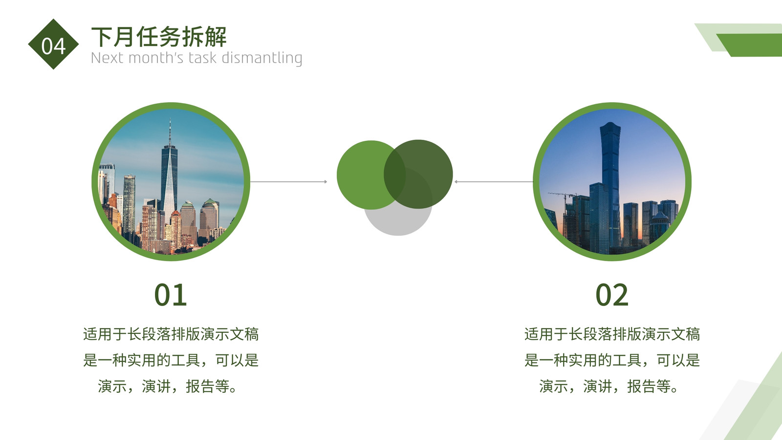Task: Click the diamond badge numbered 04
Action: pyautogui.click(x=53, y=44)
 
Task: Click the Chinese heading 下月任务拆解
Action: pyautogui.click(x=159, y=37)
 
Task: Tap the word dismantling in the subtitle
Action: pyautogui.click(x=262, y=58)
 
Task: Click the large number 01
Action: pyautogui.click(x=171, y=295)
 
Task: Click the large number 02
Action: pyautogui.click(x=612, y=295)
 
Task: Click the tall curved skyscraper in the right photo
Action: pyautogui.click(x=610, y=185)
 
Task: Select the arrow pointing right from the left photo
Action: pyautogui.click(x=289, y=181)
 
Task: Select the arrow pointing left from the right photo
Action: pyautogui.click(x=494, y=181)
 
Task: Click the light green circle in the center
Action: pyautogui.click(x=367, y=175)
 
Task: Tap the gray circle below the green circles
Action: pyautogui.click(x=398, y=220)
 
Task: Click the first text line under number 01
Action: pyautogui.click(x=171, y=334)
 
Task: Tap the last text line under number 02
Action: pyautogui.click(x=608, y=387)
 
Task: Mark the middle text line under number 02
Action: pyautogui.click(x=612, y=360)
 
